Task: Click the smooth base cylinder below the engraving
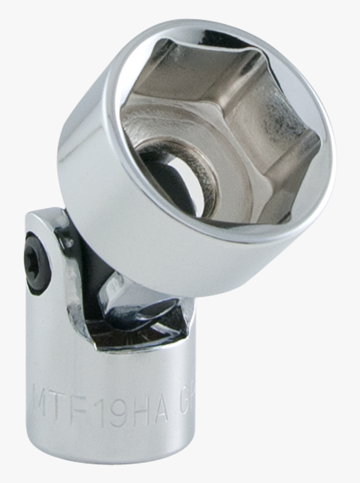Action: (109, 443)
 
